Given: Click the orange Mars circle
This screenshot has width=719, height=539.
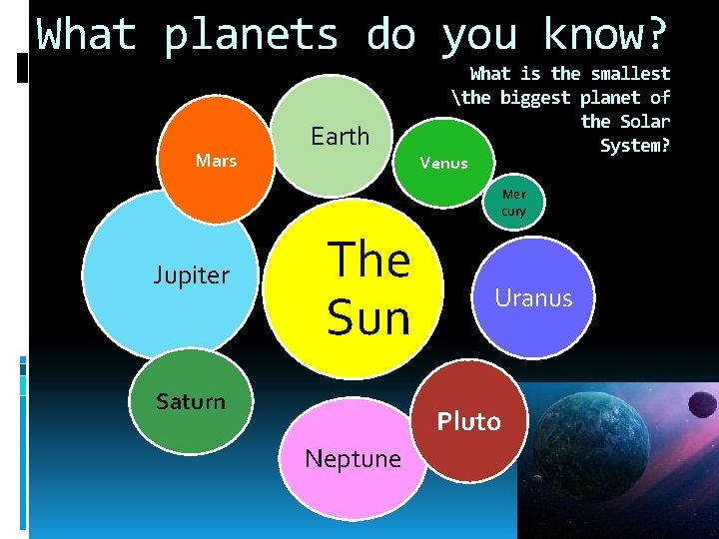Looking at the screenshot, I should [216, 160].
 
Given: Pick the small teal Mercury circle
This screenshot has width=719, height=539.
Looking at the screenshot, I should [513, 204].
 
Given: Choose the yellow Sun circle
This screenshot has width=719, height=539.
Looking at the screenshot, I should [354, 288].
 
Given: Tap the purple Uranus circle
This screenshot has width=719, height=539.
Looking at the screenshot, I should [534, 297].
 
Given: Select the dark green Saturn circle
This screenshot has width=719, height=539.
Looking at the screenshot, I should [191, 402].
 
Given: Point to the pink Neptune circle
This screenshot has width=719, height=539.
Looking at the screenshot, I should [352, 458].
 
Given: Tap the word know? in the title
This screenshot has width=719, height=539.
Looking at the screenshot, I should [604, 35].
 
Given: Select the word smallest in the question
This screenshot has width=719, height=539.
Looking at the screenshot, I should [630, 73].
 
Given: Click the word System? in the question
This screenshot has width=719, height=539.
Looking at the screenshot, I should [635, 145].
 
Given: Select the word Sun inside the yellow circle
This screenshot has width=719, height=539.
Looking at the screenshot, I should [368, 318].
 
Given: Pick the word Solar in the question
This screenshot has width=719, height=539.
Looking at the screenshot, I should [645, 121].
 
